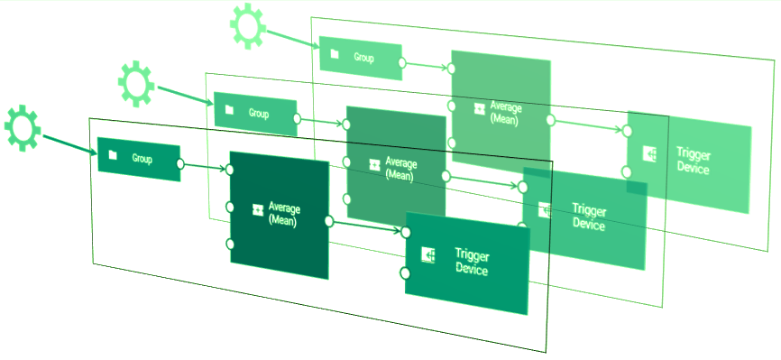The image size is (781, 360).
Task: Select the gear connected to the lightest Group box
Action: click(247, 25)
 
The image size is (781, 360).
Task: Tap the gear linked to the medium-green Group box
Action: click(136, 82)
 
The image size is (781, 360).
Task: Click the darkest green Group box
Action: click(140, 160)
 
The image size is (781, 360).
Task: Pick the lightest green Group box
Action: click(361, 58)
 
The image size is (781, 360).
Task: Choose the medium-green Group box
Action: click(255, 114)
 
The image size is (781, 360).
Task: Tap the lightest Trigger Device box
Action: click(690, 162)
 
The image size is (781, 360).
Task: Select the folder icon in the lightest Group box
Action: click(334, 54)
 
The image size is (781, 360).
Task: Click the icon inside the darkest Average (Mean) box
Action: click(257, 210)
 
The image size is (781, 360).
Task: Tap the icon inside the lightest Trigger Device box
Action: click(649, 154)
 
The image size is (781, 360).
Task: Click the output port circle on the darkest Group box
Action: click(181, 165)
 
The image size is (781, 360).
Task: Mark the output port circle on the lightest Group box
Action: click(402, 64)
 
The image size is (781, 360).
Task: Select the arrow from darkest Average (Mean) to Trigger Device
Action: click(365, 226)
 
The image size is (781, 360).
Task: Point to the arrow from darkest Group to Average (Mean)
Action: click(206, 167)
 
